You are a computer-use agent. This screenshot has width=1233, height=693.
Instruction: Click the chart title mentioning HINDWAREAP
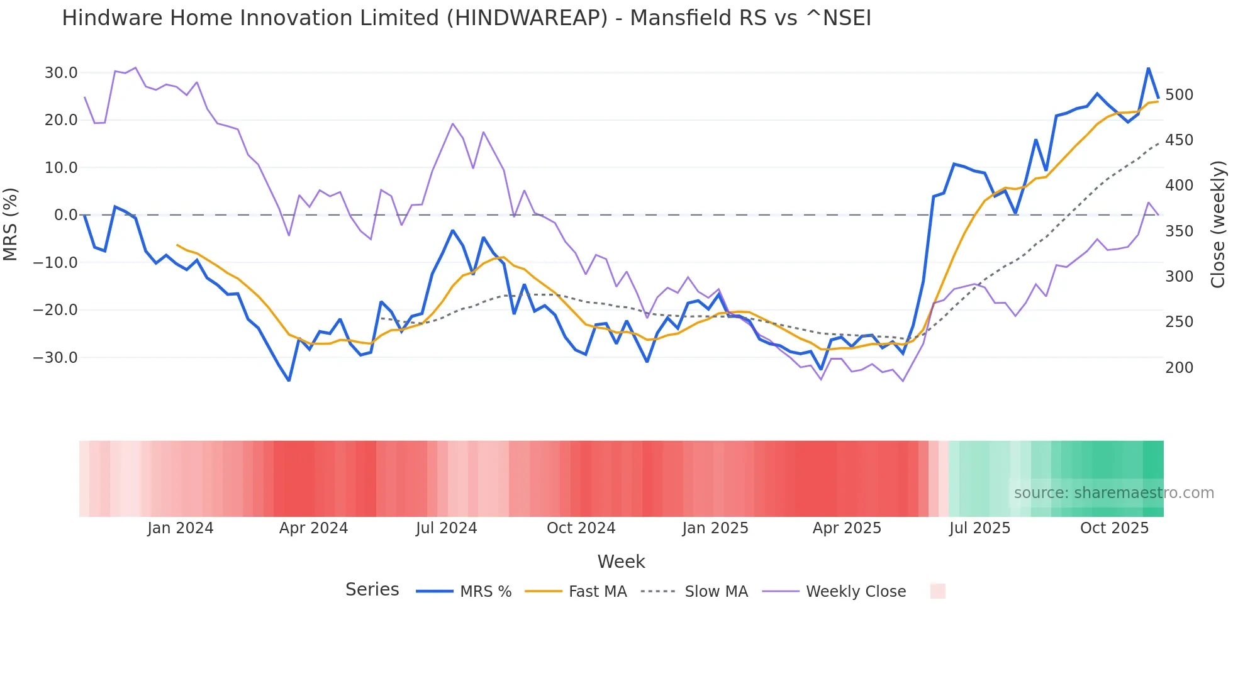[466, 18]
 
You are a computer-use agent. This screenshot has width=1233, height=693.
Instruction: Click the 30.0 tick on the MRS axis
[61, 73]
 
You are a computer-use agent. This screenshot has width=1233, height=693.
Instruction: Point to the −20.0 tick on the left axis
[55, 310]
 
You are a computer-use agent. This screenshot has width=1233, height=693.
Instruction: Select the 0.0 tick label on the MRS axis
[65, 215]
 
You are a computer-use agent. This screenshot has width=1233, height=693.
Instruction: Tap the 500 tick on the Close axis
[1179, 95]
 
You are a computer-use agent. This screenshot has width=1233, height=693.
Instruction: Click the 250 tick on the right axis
[1179, 322]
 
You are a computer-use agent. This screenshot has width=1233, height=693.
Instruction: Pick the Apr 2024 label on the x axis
[313, 528]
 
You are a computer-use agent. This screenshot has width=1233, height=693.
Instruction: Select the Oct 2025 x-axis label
[1114, 528]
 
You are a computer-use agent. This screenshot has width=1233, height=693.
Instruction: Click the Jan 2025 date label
[715, 528]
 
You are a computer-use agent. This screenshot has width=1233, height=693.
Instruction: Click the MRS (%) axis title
[11, 225]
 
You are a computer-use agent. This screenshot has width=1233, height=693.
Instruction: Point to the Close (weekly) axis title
[1218, 225]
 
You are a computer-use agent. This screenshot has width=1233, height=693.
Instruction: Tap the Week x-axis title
[621, 562]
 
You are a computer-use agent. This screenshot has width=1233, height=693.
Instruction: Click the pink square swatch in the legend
[937, 591]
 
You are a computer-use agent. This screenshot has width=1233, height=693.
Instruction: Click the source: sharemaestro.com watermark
[1113, 493]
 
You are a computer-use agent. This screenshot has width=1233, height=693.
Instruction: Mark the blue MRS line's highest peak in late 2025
[1148, 68]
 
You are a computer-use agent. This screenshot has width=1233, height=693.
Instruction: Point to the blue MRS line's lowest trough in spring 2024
[289, 380]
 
